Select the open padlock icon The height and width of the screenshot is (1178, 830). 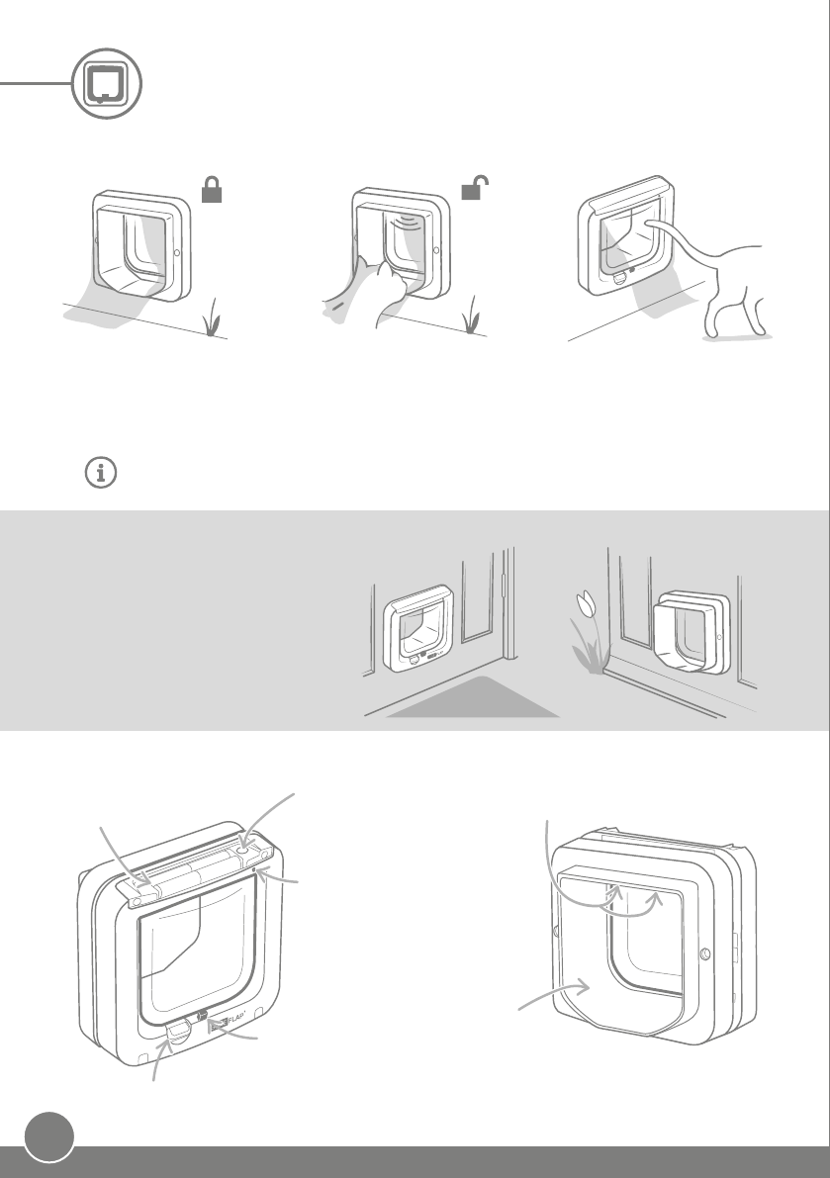click(x=476, y=189)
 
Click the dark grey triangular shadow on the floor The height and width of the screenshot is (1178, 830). click(x=473, y=701)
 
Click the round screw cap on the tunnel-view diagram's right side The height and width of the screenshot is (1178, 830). click(x=703, y=954)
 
